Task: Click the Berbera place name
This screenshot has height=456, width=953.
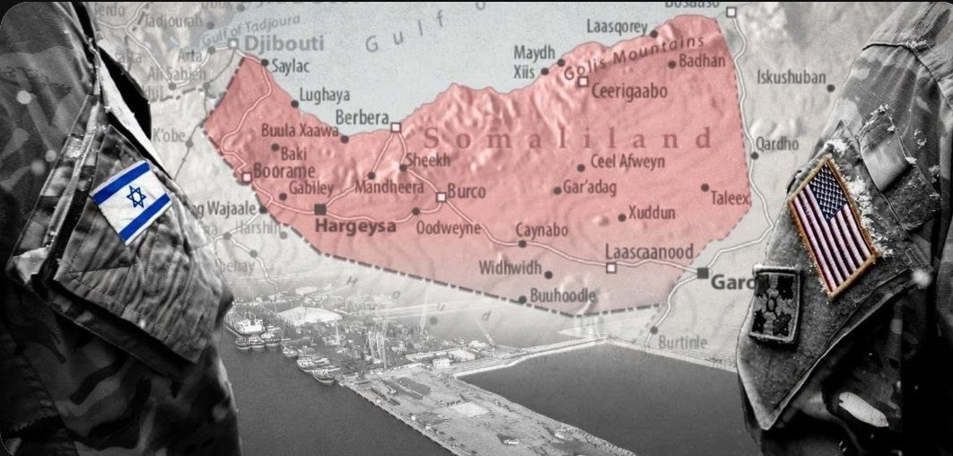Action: tap(362, 118)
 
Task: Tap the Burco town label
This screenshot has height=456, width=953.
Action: tap(465, 191)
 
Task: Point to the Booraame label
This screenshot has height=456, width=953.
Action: tap(283, 171)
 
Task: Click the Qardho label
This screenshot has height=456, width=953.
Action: tap(777, 144)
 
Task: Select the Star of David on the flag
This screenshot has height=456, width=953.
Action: tap(136, 197)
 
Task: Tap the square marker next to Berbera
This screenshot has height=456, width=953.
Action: tap(396, 127)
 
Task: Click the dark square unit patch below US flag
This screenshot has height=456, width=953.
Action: tap(774, 303)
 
